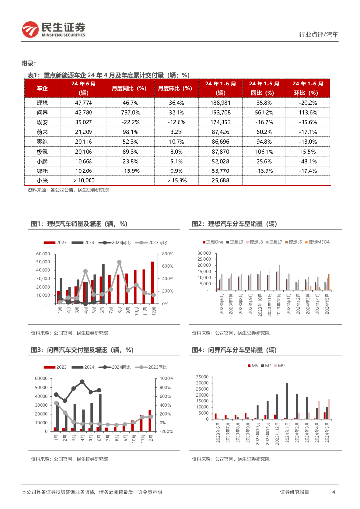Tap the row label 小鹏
click(x=42, y=161)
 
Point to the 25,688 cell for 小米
click(x=220, y=180)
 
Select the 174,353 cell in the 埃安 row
click(x=220, y=122)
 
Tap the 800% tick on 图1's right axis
click(x=167, y=254)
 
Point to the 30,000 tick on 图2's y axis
click(x=204, y=253)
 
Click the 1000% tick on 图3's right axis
click(x=168, y=379)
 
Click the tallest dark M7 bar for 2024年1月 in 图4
click(x=287, y=401)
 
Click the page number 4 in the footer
click(x=333, y=492)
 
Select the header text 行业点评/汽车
click(x=318, y=35)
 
